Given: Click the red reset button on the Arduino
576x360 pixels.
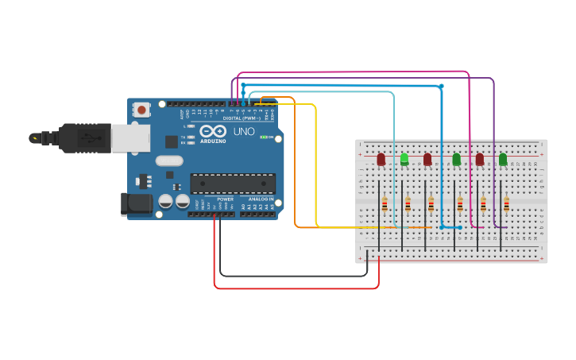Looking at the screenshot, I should click(x=141, y=110).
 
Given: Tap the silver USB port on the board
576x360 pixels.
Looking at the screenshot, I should click(x=130, y=137).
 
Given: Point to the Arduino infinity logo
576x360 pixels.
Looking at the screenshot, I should click(x=213, y=131).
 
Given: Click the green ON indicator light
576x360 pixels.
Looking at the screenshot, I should click(x=263, y=137).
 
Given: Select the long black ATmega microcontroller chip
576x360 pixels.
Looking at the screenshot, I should click(x=233, y=184).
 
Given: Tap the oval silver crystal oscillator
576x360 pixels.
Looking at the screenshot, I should click(x=169, y=161).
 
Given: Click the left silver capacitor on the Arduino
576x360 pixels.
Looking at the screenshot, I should click(x=166, y=201).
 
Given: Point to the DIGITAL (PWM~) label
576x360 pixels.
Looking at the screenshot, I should click(x=243, y=118).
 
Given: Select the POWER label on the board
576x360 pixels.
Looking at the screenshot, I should click(x=225, y=199).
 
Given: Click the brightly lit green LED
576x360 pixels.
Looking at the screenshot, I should click(x=404, y=159).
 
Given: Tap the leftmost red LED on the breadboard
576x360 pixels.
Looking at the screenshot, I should click(x=381, y=160).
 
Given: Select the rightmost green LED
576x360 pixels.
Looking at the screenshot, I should click(x=503, y=160).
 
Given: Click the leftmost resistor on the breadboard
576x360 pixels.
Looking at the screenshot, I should click(x=385, y=206).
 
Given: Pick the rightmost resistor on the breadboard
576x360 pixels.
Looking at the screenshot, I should click(x=506, y=206).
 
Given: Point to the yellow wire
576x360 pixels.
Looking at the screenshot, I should click(x=316, y=167).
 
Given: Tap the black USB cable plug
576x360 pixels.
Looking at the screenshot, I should click(x=83, y=137).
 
